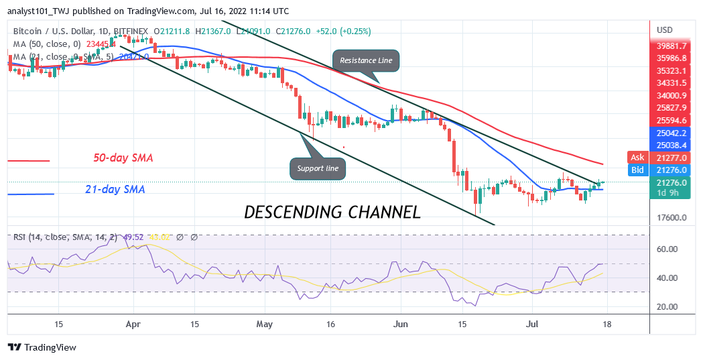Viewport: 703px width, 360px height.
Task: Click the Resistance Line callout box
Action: click(367, 60)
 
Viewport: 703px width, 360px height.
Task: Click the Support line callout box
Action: click(318, 168)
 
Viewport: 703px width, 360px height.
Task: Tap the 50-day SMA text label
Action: click(123, 158)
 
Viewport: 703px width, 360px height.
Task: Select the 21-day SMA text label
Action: click(115, 190)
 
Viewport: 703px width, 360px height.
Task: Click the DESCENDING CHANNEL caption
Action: click(332, 213)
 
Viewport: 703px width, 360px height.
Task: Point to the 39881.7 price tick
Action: click(672, 46)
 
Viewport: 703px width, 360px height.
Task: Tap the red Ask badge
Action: click(637, 158)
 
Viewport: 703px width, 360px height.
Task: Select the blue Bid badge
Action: click(637, 170)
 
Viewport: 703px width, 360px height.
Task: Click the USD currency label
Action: click(665, 30)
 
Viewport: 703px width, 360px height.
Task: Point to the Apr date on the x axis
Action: click(133, 323)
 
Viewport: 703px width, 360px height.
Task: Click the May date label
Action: click(264, 323)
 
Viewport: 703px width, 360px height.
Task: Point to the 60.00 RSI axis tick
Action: click(667, 249)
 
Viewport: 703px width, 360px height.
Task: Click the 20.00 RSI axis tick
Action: click(667, 307)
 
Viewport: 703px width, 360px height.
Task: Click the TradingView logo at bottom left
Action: click(42, 347)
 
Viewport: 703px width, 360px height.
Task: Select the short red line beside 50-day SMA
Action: click(29, 161)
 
